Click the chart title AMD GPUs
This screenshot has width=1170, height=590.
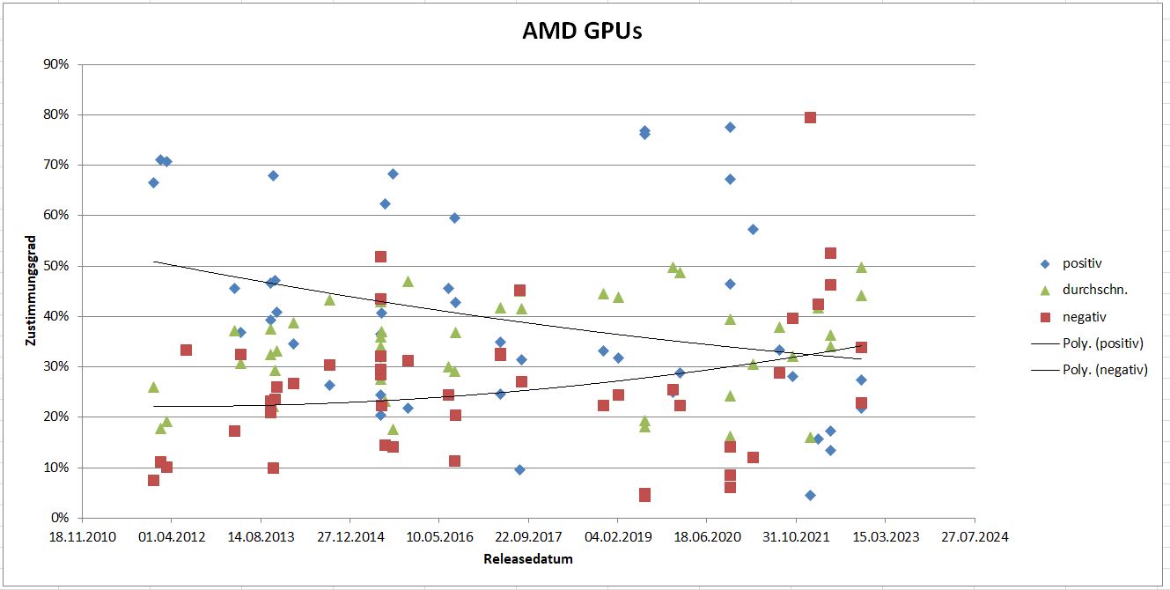click(583, 32)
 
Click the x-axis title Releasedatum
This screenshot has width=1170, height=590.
click(527, 558)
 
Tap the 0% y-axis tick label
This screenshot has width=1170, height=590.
click(60, 518)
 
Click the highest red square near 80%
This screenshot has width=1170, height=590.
click(810, 117)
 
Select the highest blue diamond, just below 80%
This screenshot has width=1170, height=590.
click(730, 127)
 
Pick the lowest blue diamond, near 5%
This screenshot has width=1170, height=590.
click(810, 495)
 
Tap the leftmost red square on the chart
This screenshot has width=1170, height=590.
click(153, 480)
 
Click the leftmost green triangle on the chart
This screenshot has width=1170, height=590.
click(153, 387)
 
